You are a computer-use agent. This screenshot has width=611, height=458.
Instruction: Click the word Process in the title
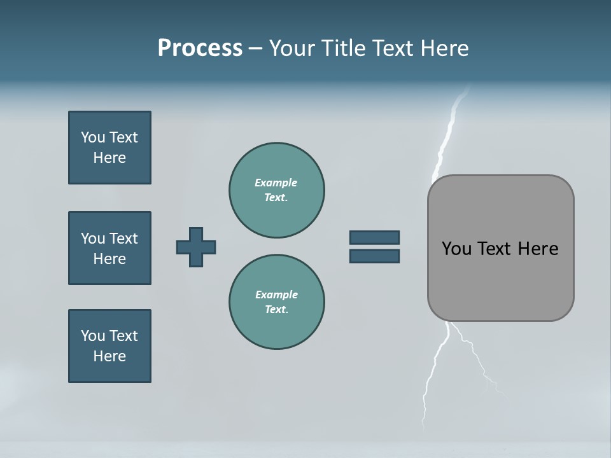[200, 48]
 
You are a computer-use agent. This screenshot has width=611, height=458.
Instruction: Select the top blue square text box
[109, 148]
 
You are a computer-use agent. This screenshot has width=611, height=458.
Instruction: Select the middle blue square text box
[109, 248]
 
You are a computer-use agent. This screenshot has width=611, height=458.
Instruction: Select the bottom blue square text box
[109, 346]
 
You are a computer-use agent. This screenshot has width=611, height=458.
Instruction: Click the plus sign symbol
[196, 247]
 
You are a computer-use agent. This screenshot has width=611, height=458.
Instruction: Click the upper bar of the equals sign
[374, 237]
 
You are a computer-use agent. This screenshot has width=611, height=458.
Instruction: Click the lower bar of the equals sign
[374, 256]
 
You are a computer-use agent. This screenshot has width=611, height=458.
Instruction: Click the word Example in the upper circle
[276, 183]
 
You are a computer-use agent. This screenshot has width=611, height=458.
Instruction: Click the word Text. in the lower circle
[276, 309]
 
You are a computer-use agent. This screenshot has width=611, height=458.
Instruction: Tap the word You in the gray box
[456, 249]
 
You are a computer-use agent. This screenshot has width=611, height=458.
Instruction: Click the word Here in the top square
[109, 158]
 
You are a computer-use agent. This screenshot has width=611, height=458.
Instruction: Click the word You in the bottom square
[93, 336]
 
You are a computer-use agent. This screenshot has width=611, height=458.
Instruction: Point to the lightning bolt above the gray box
[447, 137]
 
